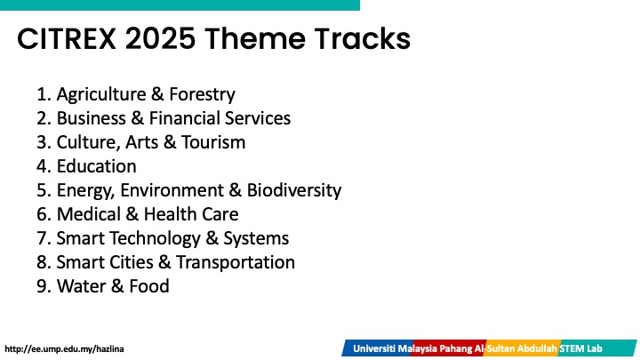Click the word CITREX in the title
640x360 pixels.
pos(67,39)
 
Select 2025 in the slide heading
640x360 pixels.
pos(160,39)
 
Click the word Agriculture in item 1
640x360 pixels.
pos(101,94)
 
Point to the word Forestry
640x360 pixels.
pos(202,94)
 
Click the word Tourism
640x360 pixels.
pos(213,142)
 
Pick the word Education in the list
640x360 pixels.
pos(96,166)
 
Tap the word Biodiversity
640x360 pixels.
pos(294,190)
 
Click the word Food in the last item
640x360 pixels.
pos(149,286)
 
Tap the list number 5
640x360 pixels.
pos(44,190)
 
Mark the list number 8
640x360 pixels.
pos(44,262)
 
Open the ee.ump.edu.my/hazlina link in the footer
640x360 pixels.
pos(64,349)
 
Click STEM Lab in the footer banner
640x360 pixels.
pos(580,349)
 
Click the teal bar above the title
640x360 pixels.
pos(180,5)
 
